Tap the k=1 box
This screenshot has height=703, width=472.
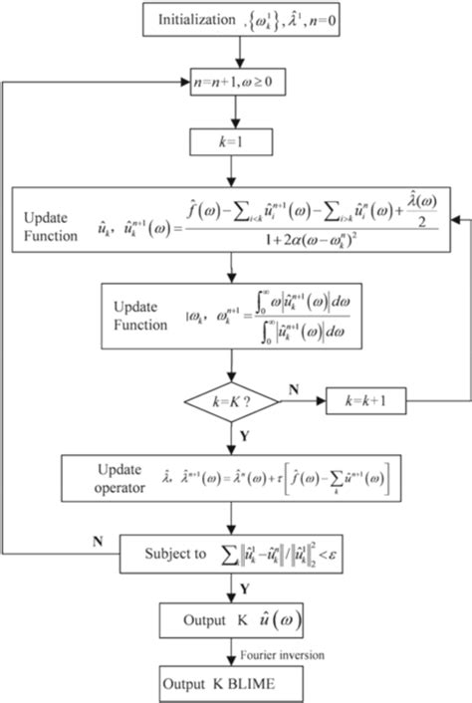point(230,145)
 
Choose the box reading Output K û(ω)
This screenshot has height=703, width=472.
point(231,621)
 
